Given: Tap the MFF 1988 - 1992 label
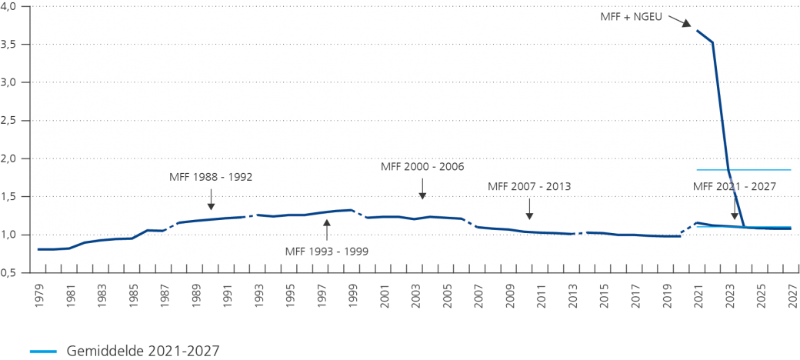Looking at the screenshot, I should [211, 177].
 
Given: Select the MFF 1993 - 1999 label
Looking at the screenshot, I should [326, 250].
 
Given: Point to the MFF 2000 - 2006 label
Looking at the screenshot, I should [422, 166].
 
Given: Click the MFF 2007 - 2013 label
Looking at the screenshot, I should [529, 186].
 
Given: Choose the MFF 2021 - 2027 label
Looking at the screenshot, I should [735, 186].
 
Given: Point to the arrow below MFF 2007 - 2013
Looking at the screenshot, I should [529, 208].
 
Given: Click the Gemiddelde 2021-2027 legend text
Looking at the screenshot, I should [143, 351].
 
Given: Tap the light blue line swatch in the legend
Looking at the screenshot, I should [43, 352].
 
